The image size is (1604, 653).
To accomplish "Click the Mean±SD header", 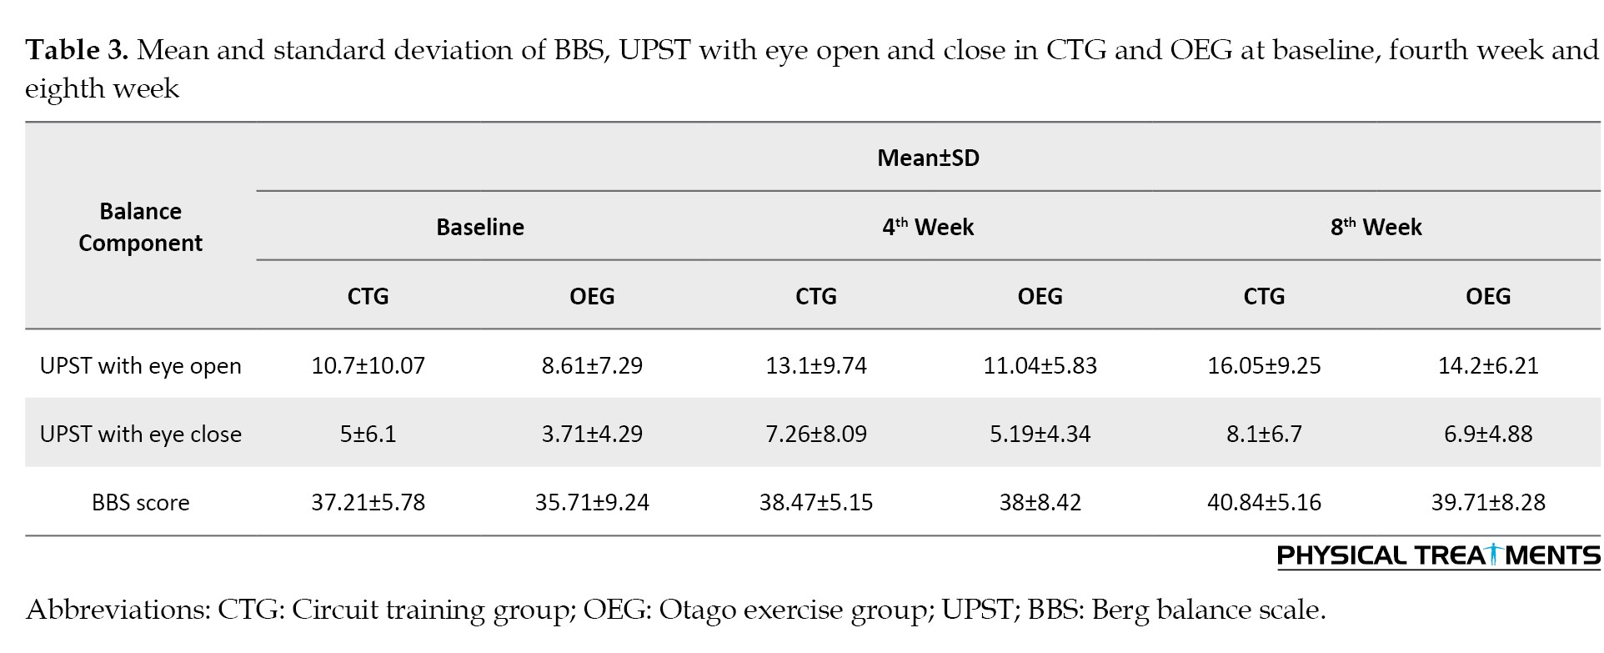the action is tap(928, 158).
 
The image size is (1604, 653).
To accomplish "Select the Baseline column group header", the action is tap(480, 227).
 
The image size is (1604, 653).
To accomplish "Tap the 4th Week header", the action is tap(928, 226).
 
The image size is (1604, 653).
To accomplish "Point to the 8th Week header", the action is tap(1376, 226).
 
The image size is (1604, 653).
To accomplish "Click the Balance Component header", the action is tap(140, 227).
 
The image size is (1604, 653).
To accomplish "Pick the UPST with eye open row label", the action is tap(140, 366).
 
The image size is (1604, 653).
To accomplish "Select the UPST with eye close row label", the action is tap(140, 434).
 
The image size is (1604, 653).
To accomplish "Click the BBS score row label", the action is tap(140, 503).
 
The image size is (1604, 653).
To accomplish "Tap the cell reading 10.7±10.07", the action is tap(368, 365).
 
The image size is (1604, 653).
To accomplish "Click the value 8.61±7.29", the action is tap(592, 365).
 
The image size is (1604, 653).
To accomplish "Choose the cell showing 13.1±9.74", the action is tap(816, 365).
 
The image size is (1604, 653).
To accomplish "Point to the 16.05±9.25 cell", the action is tap(1264, 365).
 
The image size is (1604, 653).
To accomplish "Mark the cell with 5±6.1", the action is tap(368, 434).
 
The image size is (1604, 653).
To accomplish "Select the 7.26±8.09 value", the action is tap(816, 434).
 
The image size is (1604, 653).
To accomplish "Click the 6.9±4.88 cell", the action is tap(1488, 434).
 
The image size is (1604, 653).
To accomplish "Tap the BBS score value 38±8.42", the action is tap(1040, 502).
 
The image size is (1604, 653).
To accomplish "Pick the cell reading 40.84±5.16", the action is tap(1264, 502).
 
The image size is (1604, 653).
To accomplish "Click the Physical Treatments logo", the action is tap(1438, 556).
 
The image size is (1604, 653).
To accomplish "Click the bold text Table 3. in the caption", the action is tap(77, 51).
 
